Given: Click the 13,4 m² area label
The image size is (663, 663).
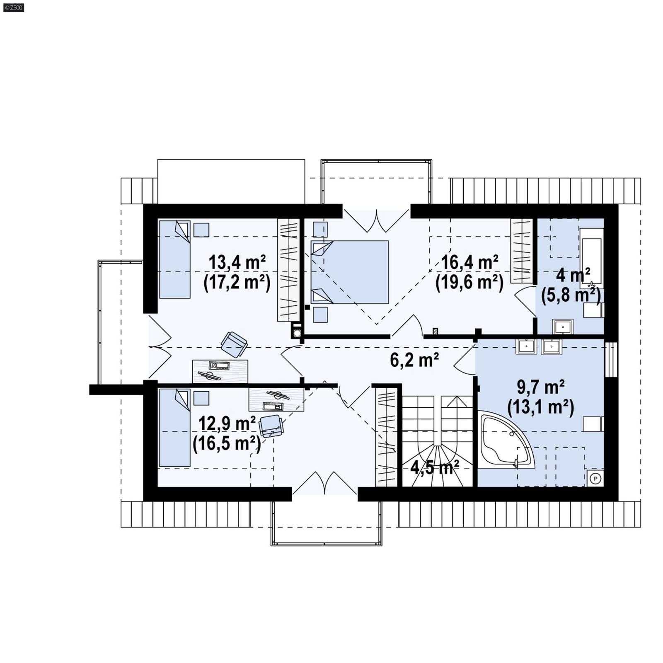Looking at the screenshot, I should click(x=237, y=263).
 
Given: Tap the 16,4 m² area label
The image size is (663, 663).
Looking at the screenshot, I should click(x=469, y=263).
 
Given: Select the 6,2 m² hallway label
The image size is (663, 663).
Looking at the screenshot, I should click(x=414, y=360).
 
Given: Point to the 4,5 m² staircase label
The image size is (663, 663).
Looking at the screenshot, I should click(x=434, y=467).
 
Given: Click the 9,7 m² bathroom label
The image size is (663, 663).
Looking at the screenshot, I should click(x=540, y=387).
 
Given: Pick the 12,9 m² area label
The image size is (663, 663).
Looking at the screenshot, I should click(x=227, y=424).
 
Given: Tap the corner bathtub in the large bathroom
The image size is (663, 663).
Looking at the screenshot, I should click(x=503, y=439).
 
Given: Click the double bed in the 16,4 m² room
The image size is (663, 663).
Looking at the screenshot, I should click(x=350, y=272).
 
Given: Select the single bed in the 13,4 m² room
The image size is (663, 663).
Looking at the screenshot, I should click(x=174, y=259).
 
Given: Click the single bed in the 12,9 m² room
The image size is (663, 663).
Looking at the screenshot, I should click(x=174, y=428).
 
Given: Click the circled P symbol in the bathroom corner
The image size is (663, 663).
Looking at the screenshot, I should click(x=595, y=479).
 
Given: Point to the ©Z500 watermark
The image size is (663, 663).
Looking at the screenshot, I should click(x=14, y=7).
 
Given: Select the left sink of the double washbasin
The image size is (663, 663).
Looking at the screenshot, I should click(x=526, y=346).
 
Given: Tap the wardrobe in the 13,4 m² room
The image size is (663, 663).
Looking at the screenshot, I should click(x=288, y=270).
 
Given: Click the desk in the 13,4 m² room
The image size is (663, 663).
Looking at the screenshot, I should click(x=220, y=371).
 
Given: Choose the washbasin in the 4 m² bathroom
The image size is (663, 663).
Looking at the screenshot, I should click(x=563, y=327).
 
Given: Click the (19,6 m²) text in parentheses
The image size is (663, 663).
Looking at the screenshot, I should click(x=469, y=283).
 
